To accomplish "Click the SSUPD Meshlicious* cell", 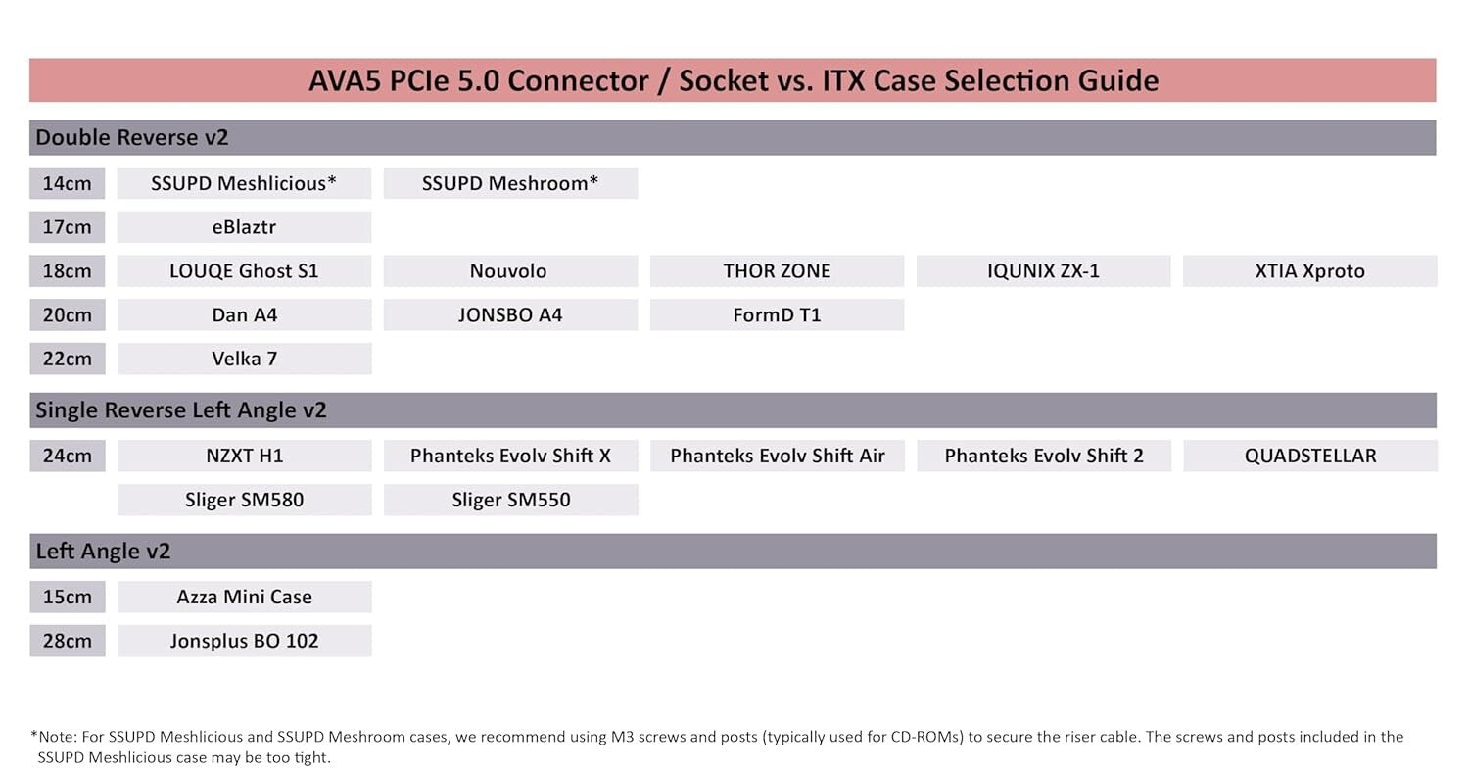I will pyautogui.click(x=244, y=183).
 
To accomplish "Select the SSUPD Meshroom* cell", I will pyautogui.click(x=510, y=183).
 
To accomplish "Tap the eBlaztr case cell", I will pyautogui.click(x=244, y=227).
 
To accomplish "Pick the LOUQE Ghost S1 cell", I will pyautogui.click(x=244, y=271).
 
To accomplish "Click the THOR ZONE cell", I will pyautogui.click(x=777, y=271).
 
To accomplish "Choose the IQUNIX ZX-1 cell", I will pyautogui.click(x=1043, y=271).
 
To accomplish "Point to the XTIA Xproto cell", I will pyautogui.click(x=1309, y=271).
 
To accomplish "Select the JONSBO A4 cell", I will pyautogui.click(x=510, y=315).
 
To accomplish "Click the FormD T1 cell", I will pyautogui.click(x=777, y=315).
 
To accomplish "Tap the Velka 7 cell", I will pyautogui.click(x=244, y=359).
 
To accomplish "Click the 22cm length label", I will pyautogui.click(x=67, y=359).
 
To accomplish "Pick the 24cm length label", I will pyautogui.click(x=67, y=456).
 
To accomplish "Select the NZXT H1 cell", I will pyautogui.click(x=244, y=456).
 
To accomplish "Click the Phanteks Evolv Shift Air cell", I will pyautogui.click(x=777, y=456).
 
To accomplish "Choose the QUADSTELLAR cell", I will pyautogui.click(x=1309, y=456).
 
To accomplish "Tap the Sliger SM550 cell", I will pyautogui.click(x=510, y=500).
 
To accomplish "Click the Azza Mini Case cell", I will pyautogui.click(x=244, y=597).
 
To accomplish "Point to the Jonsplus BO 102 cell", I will pyautogui.click(x=244, y=641).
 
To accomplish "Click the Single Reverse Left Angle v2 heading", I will pyautogui.click(x=181, y=410).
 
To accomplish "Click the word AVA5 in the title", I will pyautogui.click(x=345, y=80).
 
